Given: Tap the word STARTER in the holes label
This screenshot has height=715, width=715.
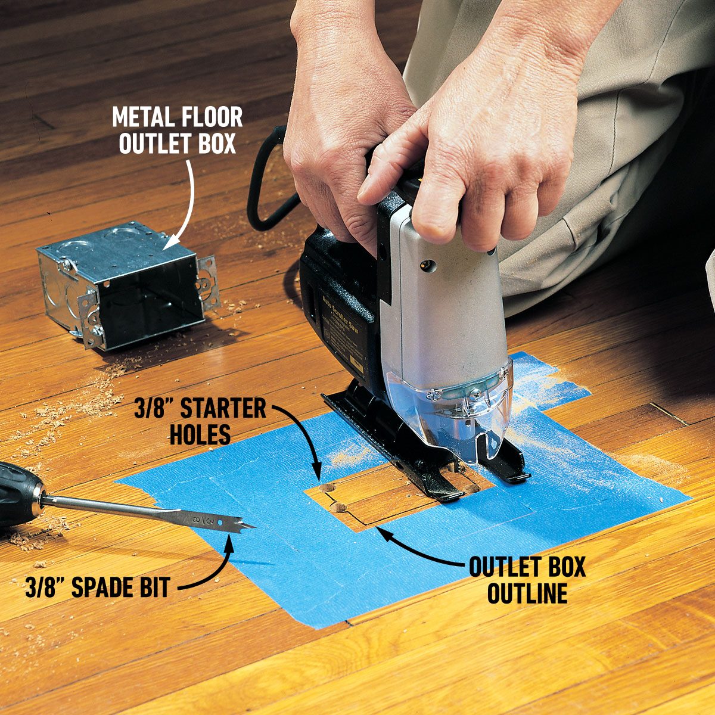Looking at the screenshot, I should pyautogui.click(x=223, y=409).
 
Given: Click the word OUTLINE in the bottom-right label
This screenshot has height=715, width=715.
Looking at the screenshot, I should pyautogui.click(x=527, y=593).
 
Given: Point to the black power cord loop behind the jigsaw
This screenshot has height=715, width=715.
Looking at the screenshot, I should pyautogui.click(x=262, y=191).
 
